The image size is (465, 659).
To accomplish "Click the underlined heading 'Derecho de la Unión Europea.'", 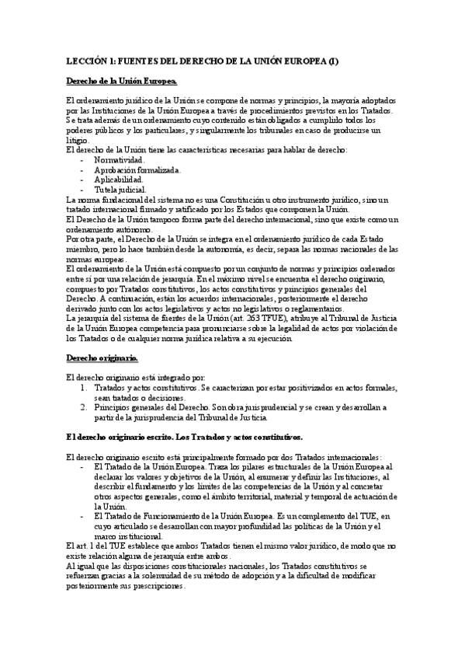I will tap(122, 81).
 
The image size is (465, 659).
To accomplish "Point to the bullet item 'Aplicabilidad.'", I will tap(118, 180).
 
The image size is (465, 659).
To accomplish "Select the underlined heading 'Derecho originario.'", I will tap(102, 358).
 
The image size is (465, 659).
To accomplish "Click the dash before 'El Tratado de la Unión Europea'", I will tap(83, 467).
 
